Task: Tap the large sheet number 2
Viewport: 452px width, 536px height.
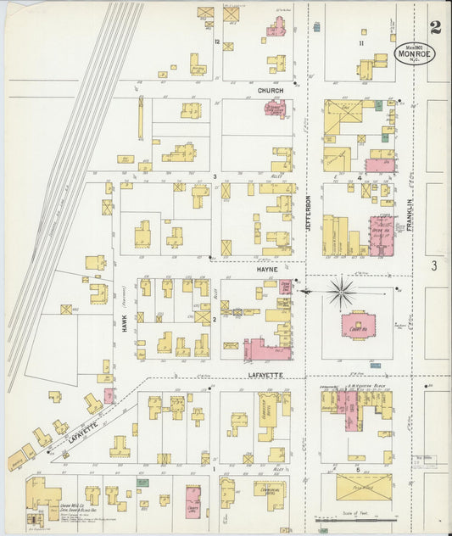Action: (435, 28)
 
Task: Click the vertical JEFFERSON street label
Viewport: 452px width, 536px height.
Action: (309, 214)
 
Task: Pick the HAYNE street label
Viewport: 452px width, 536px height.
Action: (268, 267)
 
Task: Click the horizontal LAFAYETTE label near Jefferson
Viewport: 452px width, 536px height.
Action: (265, 374)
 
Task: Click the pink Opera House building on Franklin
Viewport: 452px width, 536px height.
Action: (379, 233)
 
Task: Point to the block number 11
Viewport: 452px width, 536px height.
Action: (361, 42)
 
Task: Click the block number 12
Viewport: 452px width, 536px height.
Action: (218, 42)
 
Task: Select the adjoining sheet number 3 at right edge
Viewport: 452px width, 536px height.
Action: (433, 265)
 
